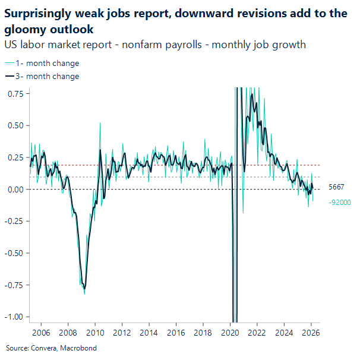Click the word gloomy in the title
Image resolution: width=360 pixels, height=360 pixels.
pyautogui.click(x=24, y=29)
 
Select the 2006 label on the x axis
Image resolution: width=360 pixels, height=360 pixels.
pyautogui.click(x=41, y=333)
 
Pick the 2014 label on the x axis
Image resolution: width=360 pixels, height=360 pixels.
pyautogui.click(x=149, y=333)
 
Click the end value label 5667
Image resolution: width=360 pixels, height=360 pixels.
pyautogui.click(x=336, y=187)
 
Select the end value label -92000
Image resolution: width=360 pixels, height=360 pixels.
pyautogui.click(x=339, y=203)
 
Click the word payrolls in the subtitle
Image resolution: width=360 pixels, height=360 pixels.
pyautogui.click(x=165, y=45)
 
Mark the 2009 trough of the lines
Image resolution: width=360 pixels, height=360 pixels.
pyautogui.click(x=84, y=290)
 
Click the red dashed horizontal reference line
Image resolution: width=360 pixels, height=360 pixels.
pyautogui.click(x=178, y=165)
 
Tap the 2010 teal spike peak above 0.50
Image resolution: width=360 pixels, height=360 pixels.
pyautogui.click(x=99, y=124)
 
